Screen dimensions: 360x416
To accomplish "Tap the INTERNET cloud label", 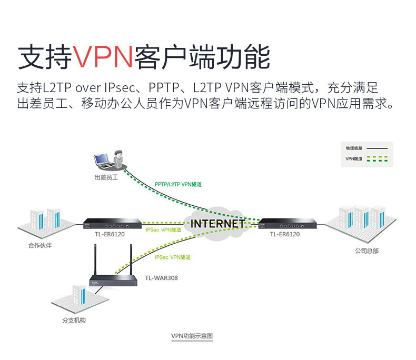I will tap(217, 223).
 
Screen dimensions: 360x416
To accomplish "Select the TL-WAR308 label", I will tap(161, 278).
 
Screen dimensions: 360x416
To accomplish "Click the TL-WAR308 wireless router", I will tap(114, 281).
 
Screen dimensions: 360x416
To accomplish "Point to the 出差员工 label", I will tap(106, 178).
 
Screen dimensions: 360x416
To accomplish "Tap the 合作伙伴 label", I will tap(40, 245).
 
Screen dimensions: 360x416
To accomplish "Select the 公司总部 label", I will tap(367, 251).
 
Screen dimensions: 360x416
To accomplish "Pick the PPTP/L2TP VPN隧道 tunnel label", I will tap(178, 185).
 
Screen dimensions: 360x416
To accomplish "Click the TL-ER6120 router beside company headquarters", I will tap(285, 223).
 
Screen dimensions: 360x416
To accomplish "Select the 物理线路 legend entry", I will tap(354, 148).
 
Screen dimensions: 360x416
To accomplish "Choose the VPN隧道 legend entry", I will tap(354, 158).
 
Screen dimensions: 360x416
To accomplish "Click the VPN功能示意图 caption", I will tap(192, 336).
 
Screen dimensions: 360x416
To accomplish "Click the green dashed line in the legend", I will tap(377, 158).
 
